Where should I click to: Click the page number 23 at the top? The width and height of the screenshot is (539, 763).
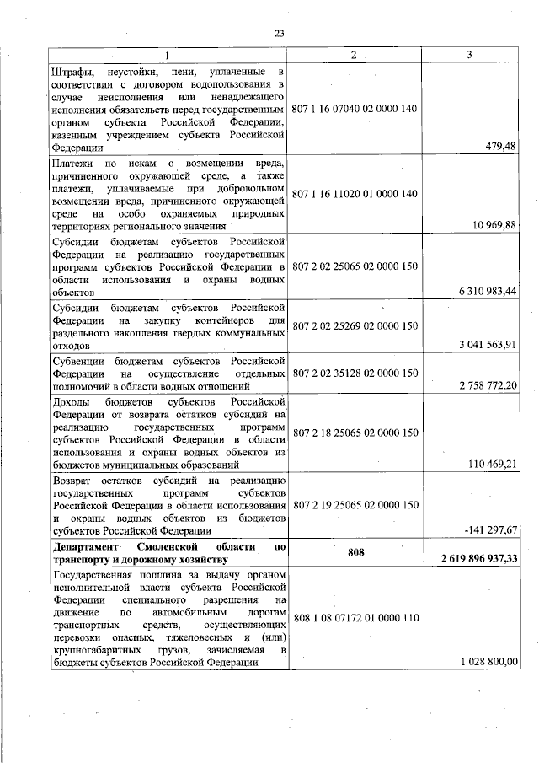point(279,33)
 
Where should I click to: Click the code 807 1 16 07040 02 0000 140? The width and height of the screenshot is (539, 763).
point(355,110)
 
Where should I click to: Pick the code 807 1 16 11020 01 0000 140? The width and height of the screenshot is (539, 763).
point(355,194)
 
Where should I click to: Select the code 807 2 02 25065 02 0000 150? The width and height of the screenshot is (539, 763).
point(355,266)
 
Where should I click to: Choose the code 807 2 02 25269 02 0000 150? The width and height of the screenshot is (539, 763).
point(355,325)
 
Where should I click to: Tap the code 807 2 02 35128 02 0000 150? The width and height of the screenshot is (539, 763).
point(355,373)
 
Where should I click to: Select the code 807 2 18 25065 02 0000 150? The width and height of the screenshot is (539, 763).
point(355,433)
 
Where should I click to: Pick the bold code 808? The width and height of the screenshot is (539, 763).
point(355,552)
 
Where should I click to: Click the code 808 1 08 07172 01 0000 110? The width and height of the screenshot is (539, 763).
point(355,618)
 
